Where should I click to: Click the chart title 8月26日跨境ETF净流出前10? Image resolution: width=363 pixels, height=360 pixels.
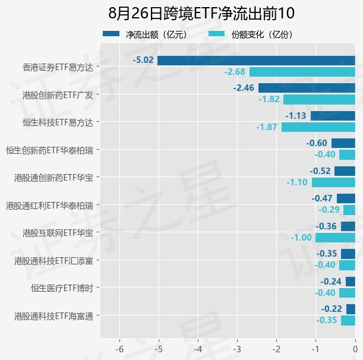coord(201,13)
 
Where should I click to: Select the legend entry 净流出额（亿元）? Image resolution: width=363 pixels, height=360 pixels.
coord(145,34)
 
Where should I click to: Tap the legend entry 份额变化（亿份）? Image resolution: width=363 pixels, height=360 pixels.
coord(251,34)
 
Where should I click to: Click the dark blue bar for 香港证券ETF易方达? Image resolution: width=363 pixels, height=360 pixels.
coord(256,61)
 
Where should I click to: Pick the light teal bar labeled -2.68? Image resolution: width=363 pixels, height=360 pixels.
coord(302,72)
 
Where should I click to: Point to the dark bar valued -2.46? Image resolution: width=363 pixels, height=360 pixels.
coord(307,88)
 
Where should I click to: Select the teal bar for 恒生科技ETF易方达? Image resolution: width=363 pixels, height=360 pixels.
coord(318,127)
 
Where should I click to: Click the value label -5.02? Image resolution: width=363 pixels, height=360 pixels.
coord(143,60)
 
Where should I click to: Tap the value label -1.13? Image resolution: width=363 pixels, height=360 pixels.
coord(296,115)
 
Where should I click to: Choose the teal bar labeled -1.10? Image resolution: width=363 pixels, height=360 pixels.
coord(333,182)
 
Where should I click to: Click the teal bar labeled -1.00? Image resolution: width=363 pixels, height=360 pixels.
coord(335,238)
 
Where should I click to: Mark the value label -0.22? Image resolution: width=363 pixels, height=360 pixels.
coord(332,308)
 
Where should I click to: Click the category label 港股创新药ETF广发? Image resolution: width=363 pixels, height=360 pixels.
coord(58,95)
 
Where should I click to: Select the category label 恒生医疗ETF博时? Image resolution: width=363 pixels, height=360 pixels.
coord(62,288)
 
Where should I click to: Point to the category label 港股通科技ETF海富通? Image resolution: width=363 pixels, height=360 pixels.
coord(53,316)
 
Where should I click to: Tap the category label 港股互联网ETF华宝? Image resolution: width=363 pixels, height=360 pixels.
coord(58,233)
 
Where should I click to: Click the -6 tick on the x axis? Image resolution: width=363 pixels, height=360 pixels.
coord(119,349)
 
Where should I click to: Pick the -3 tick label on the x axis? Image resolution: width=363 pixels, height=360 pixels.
coord(237,349)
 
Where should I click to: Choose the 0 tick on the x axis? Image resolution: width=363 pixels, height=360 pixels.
coord(355,349)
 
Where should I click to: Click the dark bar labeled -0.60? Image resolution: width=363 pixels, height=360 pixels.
coord(343,143)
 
